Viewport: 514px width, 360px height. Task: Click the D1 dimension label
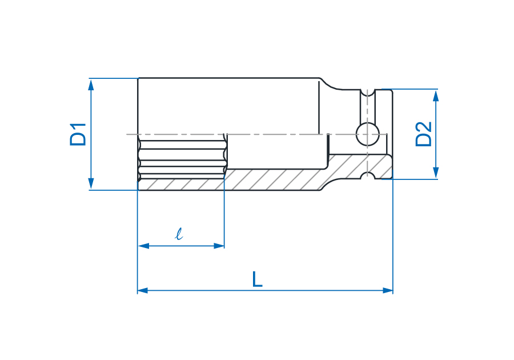coord(78,134)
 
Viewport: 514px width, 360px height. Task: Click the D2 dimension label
coord(424,134)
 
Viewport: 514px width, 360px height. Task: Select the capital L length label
coord(258,279)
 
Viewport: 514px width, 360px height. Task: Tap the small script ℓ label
coord(179,234)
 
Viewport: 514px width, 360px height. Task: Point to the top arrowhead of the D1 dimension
coord(91,85)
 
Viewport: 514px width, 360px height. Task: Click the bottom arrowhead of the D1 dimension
coord(91,183)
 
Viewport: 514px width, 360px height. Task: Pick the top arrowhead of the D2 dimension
coord(436,95)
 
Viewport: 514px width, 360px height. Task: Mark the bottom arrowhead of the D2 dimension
coord(436,173)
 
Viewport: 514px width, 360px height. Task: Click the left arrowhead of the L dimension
coord(143,290)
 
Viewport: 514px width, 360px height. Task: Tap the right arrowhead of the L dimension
coord(387,290)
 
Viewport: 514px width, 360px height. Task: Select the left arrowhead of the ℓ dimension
coord(143,246)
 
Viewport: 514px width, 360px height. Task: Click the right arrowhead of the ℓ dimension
coord(219,246)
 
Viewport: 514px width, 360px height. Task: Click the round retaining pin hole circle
coord(368,134)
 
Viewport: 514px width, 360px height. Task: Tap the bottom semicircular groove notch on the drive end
coord(367,175)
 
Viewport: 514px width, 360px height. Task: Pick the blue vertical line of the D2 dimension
coord(436,134)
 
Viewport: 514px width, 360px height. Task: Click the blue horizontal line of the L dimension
coord(265,290)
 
